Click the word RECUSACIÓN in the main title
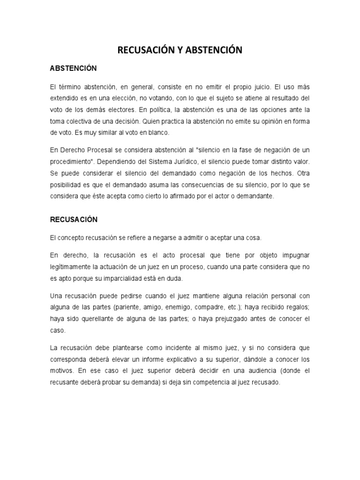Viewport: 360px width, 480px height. pyautogui.click(x=147, y=50)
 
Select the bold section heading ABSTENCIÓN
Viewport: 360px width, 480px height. pyautogui.click(x=73, y=68)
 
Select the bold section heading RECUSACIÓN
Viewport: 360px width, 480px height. pyautogui.click(x=73, y=219)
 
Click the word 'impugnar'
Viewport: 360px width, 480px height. pyautogui.click(x=294, y=255)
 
